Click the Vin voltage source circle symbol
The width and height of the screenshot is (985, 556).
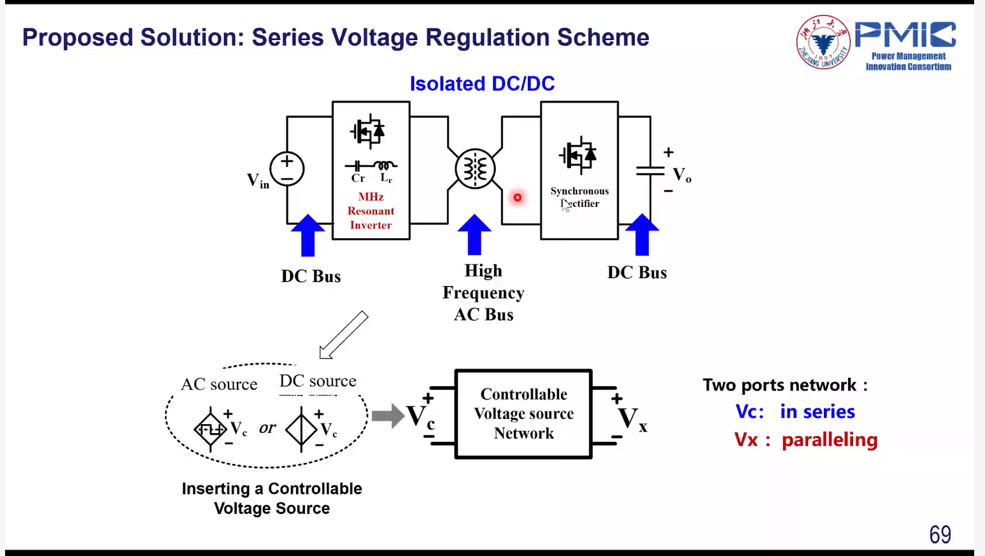287,169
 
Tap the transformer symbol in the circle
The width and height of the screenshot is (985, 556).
475,169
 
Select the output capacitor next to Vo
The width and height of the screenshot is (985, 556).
650,170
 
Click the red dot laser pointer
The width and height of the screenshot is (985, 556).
518,197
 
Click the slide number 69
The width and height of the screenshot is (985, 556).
940,534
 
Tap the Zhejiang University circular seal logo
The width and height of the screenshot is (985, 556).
823,42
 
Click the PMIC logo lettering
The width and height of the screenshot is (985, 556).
905,35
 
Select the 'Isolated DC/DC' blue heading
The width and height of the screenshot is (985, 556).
482,83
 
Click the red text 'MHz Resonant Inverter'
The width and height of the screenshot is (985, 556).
371,211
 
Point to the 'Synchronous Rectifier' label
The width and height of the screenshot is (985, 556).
579,197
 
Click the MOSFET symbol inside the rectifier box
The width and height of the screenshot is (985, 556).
578,155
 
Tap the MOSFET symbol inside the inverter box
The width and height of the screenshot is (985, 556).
368,132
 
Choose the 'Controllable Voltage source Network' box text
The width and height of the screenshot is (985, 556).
524,413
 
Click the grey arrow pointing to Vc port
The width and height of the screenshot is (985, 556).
388,416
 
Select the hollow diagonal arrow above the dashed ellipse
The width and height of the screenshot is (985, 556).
344,334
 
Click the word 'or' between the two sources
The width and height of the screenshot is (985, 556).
267,427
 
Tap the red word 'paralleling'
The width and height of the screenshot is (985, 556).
829,439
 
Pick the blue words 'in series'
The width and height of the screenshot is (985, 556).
817,411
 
